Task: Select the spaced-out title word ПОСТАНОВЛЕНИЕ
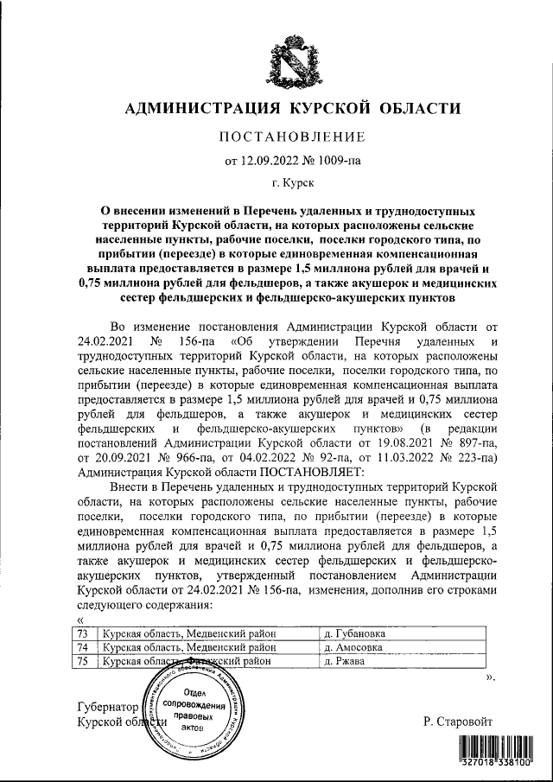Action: pyautogui.click(x=293, y=137)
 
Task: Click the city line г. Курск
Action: pyautogui.click(x=293, y=183)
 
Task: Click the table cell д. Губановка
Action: pyautogui.click(x=354, y=633)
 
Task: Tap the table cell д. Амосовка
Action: pyautogui.click(x=354, y=646)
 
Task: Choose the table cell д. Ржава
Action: pyautogui.click(x=345, y=661)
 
